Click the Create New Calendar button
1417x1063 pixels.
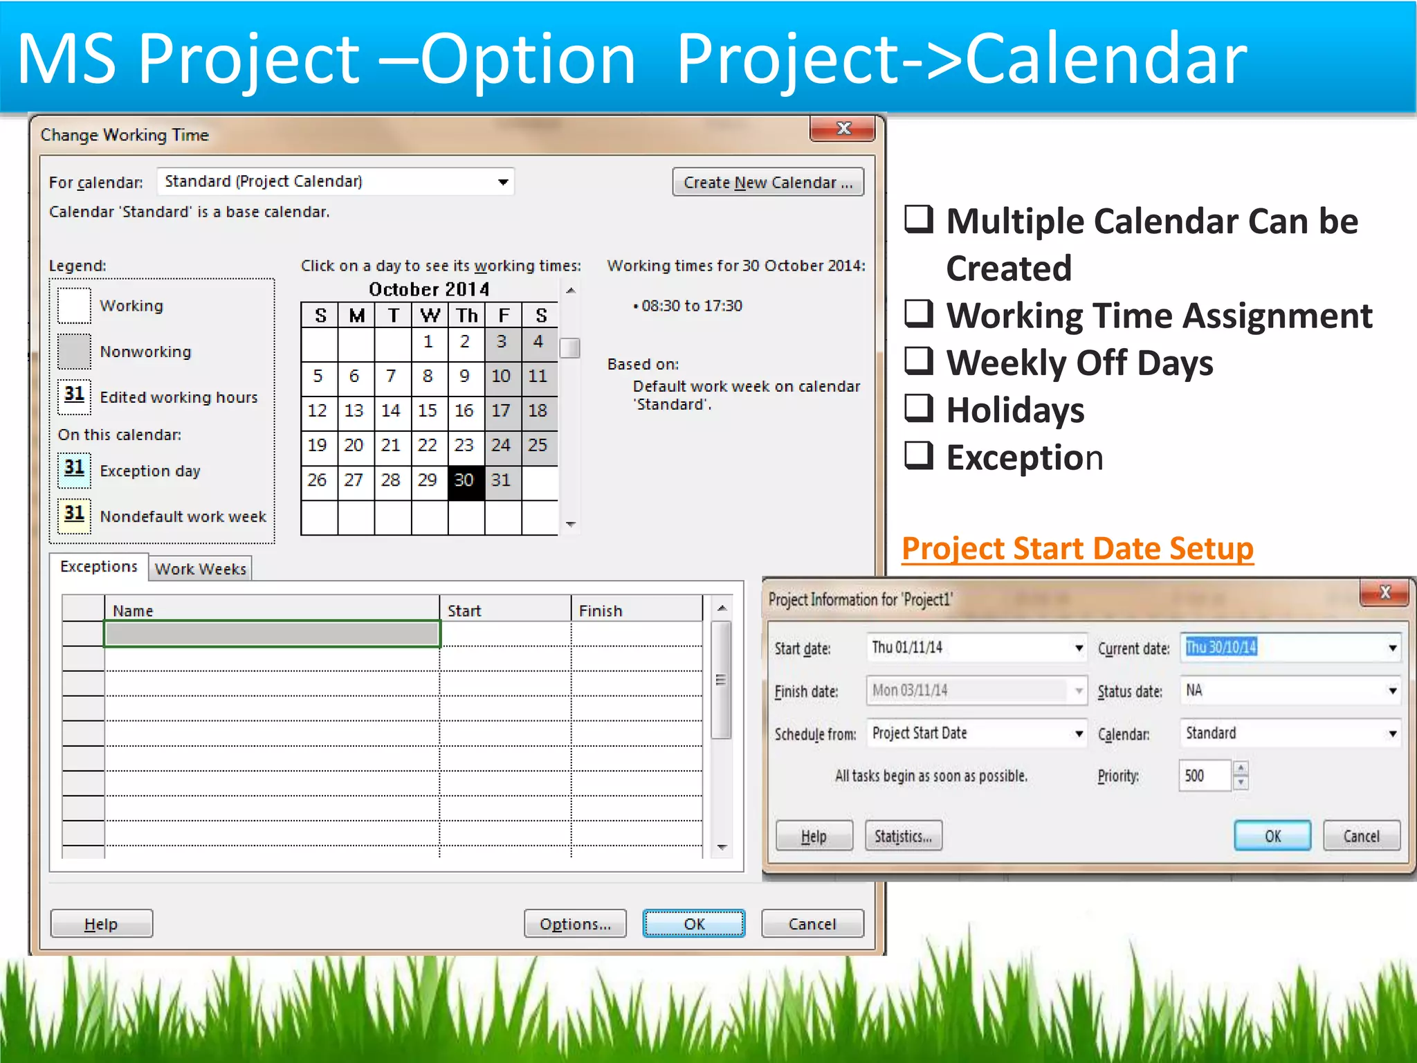tap(768, 183)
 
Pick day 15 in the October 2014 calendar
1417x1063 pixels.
tap(428, 411)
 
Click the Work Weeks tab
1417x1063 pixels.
tap(201, 569)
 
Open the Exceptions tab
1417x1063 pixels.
tap(99, 567)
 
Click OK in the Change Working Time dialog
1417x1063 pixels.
tap(693, 924)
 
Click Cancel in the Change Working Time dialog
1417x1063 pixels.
tap(812, 924)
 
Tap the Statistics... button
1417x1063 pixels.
tap(903, 836)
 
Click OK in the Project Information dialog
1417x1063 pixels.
tap(1272, 836)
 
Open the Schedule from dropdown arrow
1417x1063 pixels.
tap(1079, 734)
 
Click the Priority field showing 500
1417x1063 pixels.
tap(1204, 776)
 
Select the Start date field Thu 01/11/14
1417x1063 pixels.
tap(969, 648)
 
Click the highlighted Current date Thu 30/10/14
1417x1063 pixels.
tap(1221, 648)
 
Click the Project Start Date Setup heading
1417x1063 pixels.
tap(1077, 549)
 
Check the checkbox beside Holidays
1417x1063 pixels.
tap(920, 408)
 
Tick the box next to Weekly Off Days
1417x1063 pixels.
tap(920, 361)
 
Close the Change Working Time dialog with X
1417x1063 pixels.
tap(843, 129)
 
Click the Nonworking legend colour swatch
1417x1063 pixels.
tap(75, 352)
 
